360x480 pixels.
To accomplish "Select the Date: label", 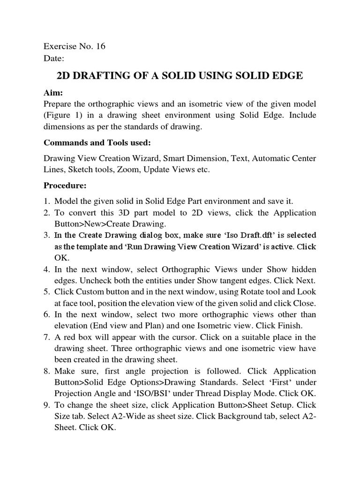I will tap(53, 59).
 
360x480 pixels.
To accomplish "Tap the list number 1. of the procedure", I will tap(47, 201).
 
